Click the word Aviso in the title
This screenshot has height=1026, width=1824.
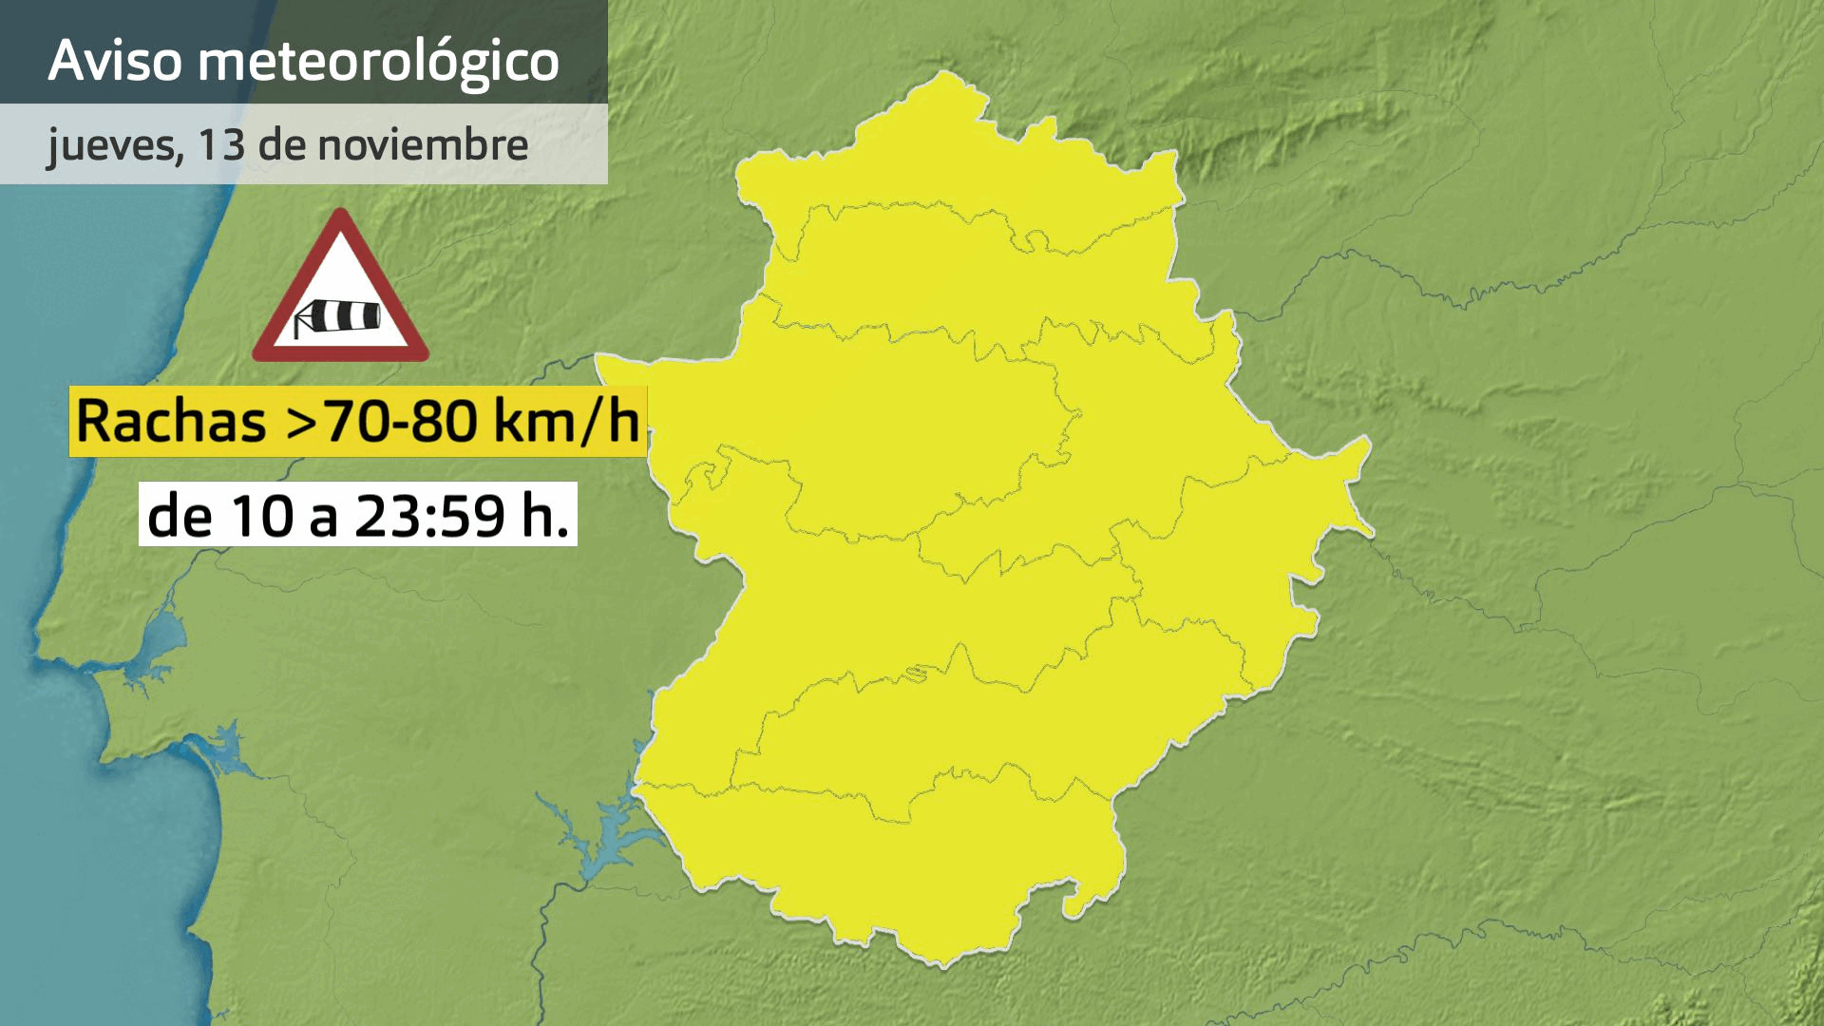pyautogui.click(x=114, y=60)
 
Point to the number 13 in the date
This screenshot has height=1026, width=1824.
pyautogui.click(x=221, y=144)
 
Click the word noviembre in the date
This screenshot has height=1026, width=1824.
pyautogui.click(x=422, y=144)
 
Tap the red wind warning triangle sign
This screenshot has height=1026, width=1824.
pyautogui.click(x=340, y=290)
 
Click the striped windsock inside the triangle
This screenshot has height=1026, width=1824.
pyautogui.click(x=338, y=316)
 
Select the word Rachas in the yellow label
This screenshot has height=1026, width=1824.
pyautogui.click(x=171, y=421)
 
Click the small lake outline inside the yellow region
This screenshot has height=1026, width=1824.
pyautogui.click(x=915, y=674)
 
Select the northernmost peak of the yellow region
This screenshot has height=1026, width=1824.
pyautogui.click(x=944, y=73)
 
